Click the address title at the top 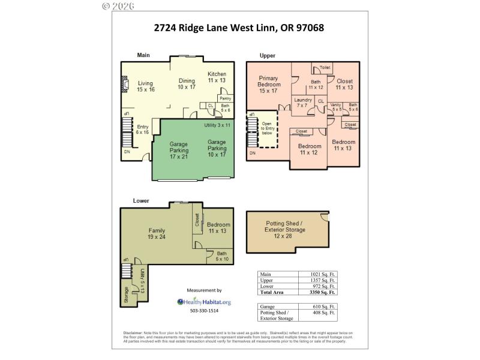coord(239,28)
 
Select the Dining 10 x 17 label coord(187,83)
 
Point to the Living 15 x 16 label coord(145,86)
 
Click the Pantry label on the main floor coord(226,98)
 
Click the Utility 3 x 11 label coord(217,125)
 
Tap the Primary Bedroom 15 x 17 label coord(269,85)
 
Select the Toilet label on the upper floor coord(325,68)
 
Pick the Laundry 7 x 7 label coord(303,103)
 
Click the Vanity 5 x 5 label coord(336,107)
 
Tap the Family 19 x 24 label coord(157,233)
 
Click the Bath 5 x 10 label coord(221,256)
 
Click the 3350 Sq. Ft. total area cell coord(318,292)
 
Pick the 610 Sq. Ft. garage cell coord(318,306)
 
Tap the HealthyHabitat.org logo coord(204,302)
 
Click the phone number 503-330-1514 coord(204,311)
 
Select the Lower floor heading coord(140,200)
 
